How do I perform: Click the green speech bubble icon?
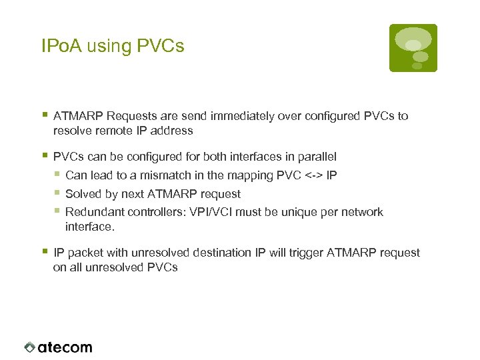(413, 47)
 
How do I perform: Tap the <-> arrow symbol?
(314, 176)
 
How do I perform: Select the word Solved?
(83, 194)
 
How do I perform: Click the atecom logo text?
(65, 347)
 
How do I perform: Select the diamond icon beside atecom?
(29, 347)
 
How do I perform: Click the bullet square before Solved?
(58, 193)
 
